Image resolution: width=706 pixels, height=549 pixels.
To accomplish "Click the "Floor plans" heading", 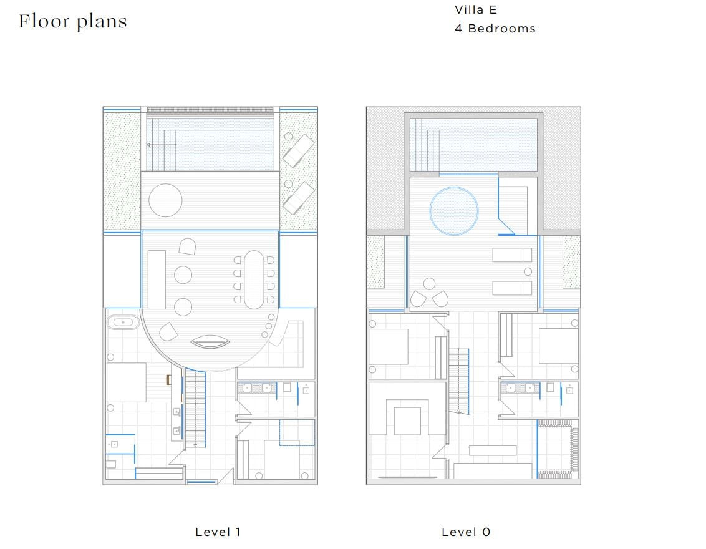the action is coord(73,22).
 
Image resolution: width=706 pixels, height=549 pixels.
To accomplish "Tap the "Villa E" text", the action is coord(475,10).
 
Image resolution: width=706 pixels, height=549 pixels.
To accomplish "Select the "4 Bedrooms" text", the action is coord(495,28).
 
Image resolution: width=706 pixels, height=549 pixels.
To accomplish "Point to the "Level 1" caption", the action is coord(218,532).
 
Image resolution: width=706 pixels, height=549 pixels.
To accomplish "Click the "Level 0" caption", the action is coord(465,532).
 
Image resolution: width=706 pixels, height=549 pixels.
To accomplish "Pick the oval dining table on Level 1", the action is coord(254,279).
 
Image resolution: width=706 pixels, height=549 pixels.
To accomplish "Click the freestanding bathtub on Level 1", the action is coord(123,323).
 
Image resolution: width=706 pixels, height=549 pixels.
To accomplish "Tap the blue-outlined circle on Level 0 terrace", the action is coord(454,211).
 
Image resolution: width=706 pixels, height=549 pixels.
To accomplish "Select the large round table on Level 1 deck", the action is coord(165,200).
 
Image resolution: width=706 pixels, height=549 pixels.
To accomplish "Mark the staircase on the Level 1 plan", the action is coord(195,409).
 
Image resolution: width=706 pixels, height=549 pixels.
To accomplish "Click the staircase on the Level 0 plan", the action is coord(459,381).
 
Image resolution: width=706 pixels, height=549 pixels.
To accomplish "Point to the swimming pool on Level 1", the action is coord(210,144).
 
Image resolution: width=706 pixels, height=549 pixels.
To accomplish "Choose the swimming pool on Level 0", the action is coord(473,145).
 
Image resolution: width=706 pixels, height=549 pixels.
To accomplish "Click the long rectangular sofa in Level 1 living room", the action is coord(157,279).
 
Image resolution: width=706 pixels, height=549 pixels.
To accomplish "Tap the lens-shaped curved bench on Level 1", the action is coord(210,342).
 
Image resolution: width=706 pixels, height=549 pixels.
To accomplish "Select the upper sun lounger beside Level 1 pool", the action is coord(298,150).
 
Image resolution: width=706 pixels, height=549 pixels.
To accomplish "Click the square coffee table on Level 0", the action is coord(407,421).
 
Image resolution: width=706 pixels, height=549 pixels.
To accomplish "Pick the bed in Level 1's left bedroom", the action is coord(127,382).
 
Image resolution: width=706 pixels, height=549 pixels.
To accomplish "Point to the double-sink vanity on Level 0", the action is coord(521,388).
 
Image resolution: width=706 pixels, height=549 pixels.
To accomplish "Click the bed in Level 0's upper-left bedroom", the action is coord(389,347).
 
